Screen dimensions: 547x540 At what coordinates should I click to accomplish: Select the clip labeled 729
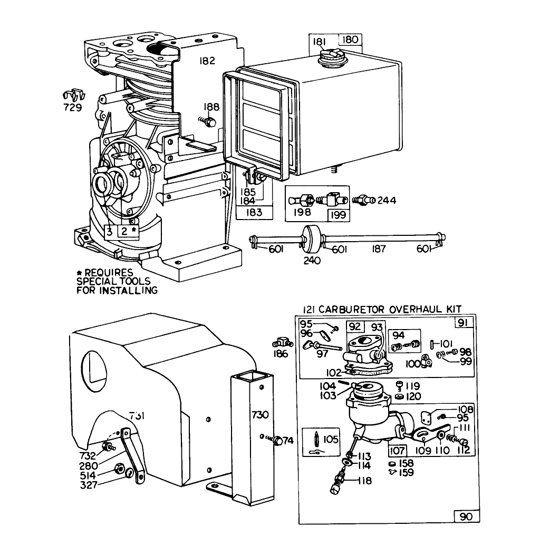pyautogui.click(x=73, y=96)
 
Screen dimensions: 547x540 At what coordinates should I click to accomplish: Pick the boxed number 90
pyautogui.click(x=466, y=516)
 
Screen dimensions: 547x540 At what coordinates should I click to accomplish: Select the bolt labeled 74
pyautogui.click(x=275, y=440)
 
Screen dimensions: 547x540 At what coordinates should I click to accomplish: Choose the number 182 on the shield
pyautogui.click(x=207, y=61)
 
